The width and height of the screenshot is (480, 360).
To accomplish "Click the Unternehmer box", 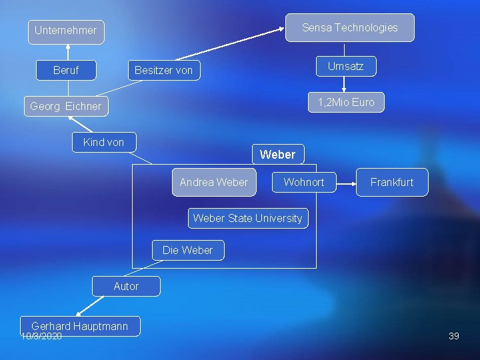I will click(65, 31).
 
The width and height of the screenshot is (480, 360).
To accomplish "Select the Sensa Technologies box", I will click(349, 28).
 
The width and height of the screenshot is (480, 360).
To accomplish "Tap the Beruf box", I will click(65, 70).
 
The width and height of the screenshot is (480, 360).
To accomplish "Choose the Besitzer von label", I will click(163, 70).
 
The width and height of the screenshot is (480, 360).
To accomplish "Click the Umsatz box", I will click(345, 66).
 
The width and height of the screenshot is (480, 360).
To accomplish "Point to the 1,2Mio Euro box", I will click(346, 102).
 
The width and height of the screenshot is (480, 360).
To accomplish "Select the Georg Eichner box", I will click(65, 106).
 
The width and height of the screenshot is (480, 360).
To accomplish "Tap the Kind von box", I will click(103, 142).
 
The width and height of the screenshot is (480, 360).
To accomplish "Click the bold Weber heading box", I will click(277, 155).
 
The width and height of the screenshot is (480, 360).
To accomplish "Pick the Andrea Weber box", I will click(213, 182).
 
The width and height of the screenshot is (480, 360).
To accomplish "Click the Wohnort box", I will click(303, 182).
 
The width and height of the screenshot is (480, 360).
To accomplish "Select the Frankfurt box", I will click(391, 182).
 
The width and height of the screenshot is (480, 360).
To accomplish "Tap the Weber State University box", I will click(247, 218).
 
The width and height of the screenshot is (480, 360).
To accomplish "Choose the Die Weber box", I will click(187, 250).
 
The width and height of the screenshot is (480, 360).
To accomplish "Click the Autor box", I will click(126, 286).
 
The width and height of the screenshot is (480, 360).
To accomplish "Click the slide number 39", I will click(454, 336).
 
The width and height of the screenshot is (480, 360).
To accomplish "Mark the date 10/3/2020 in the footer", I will click(41, 337).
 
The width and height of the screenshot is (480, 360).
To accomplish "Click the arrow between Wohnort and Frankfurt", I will click(345, 182).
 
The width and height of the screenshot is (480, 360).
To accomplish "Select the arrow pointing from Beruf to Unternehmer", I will click(67, 52).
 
